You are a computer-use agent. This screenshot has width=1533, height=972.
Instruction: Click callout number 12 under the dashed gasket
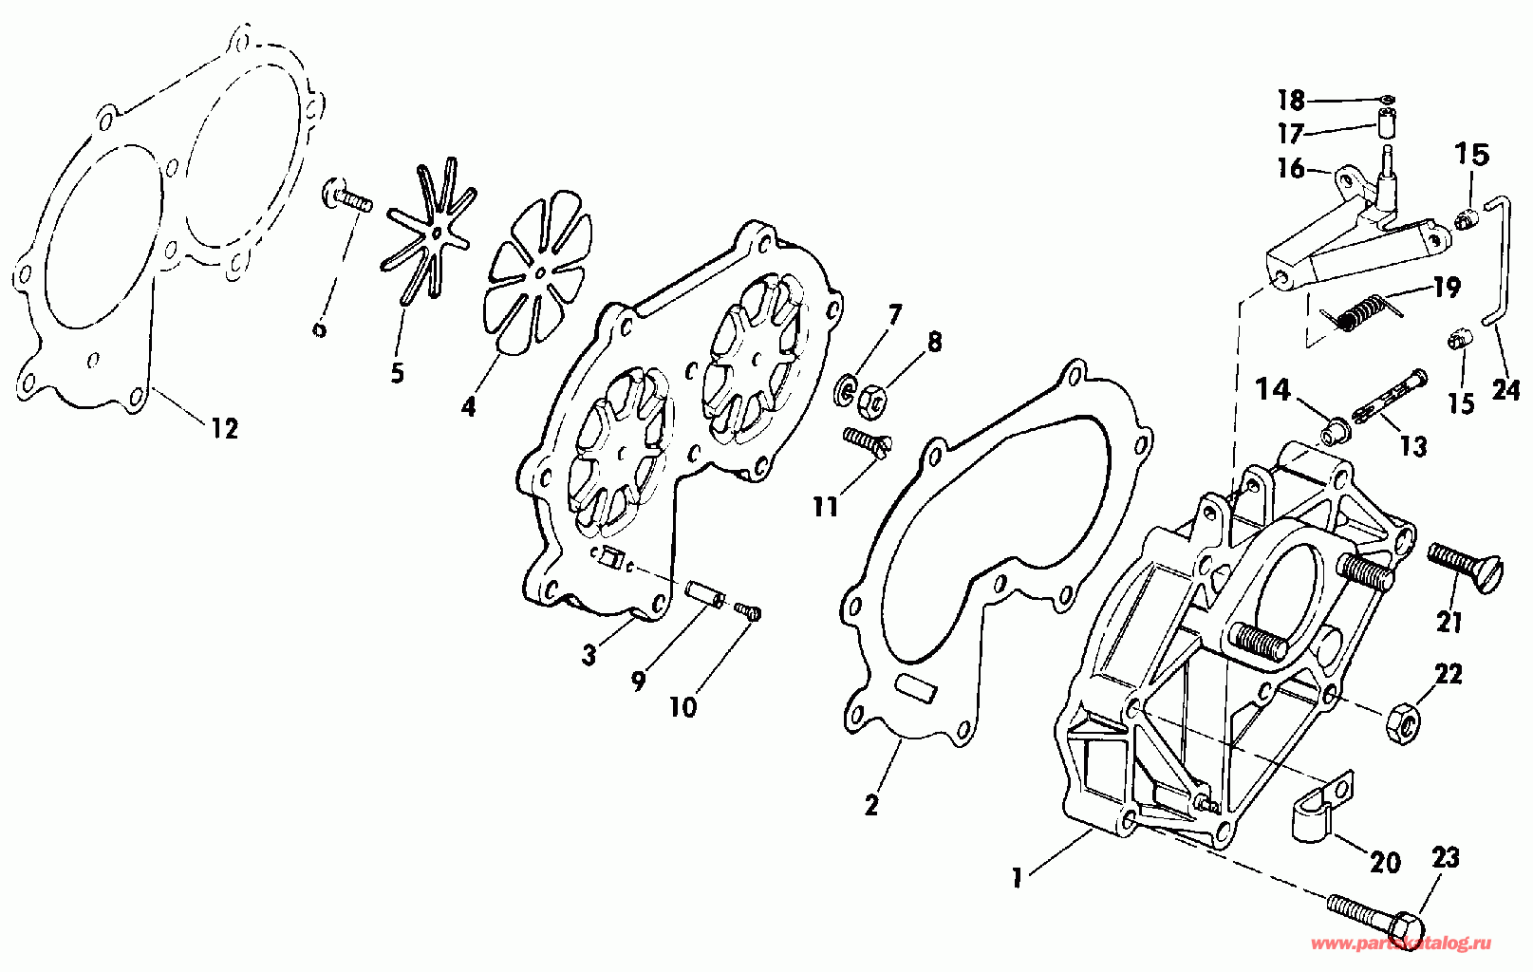(x=224, y=429)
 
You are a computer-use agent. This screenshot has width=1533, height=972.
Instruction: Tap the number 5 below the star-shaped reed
(x=397, y=373)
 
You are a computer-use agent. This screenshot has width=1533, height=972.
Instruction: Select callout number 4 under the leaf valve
(x=468, y=407)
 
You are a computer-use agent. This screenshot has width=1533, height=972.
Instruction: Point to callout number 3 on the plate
(x=589, y=654)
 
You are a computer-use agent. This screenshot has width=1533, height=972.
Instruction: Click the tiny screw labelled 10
(x=749, y=613)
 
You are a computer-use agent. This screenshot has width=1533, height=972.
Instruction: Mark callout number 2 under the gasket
(x=871, y=806)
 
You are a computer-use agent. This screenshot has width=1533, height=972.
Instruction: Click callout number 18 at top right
(x=1291, y=100)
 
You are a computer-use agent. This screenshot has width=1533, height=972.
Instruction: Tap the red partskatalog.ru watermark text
(x=1399, y=944)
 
